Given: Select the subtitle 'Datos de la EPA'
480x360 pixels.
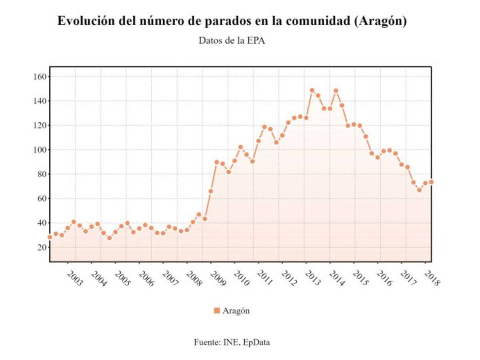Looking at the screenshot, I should (232, 41).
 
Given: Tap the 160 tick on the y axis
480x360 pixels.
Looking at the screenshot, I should (40, 76).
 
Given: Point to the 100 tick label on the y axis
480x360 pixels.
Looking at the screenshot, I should (40, 150).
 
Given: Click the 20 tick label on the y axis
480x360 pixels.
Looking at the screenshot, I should (41, 247).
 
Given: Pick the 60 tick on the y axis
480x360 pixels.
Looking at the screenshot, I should (41, 198).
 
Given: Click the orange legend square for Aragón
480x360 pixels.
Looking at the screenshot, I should (217, 310).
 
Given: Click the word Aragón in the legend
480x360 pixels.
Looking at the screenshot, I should (236, 310).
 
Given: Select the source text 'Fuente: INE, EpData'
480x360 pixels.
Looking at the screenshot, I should (232, 342).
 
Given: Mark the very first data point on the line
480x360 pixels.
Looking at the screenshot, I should (50, 237).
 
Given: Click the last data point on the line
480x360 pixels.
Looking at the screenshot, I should (431, 182).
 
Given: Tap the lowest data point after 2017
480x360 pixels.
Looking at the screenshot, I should (419, 190).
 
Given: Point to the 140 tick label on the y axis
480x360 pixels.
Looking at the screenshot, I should (40, 101).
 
